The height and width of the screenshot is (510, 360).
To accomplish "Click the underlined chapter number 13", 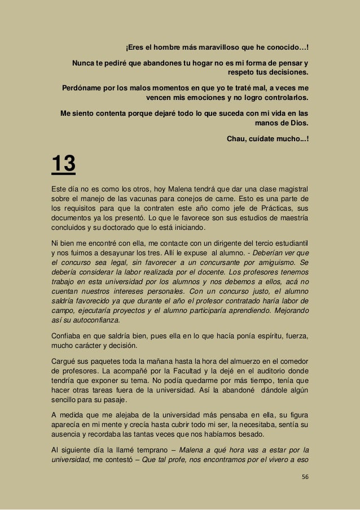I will coord(63,165).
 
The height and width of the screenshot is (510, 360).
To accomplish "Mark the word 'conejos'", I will coord(208,199).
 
